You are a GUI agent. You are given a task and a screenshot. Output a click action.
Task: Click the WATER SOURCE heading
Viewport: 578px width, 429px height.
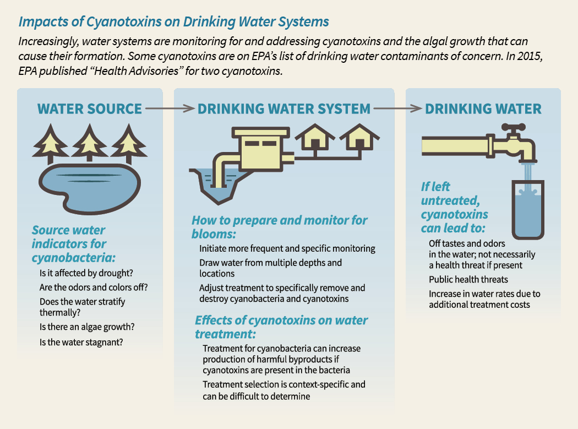tap(89, 108)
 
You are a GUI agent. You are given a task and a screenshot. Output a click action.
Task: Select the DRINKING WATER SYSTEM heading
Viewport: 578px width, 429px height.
tap(283, 108)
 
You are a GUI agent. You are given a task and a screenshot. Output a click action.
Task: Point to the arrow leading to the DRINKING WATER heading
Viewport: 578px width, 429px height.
tap(398, 108)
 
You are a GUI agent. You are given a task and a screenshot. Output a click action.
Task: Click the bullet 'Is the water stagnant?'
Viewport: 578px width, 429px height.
tap(81, 341)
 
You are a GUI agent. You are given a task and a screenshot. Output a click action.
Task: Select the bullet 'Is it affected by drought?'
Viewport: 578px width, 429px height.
tap(86, 273)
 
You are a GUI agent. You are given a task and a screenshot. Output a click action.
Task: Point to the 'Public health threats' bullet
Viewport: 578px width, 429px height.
tap(468, 279)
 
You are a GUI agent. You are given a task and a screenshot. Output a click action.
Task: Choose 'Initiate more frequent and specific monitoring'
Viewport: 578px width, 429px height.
tap(287, 248)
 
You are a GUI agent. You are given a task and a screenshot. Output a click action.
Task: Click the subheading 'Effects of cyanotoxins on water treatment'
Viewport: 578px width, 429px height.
tap(281, 327)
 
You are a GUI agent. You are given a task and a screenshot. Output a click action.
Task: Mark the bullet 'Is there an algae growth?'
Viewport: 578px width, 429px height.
tap(87, 327)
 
